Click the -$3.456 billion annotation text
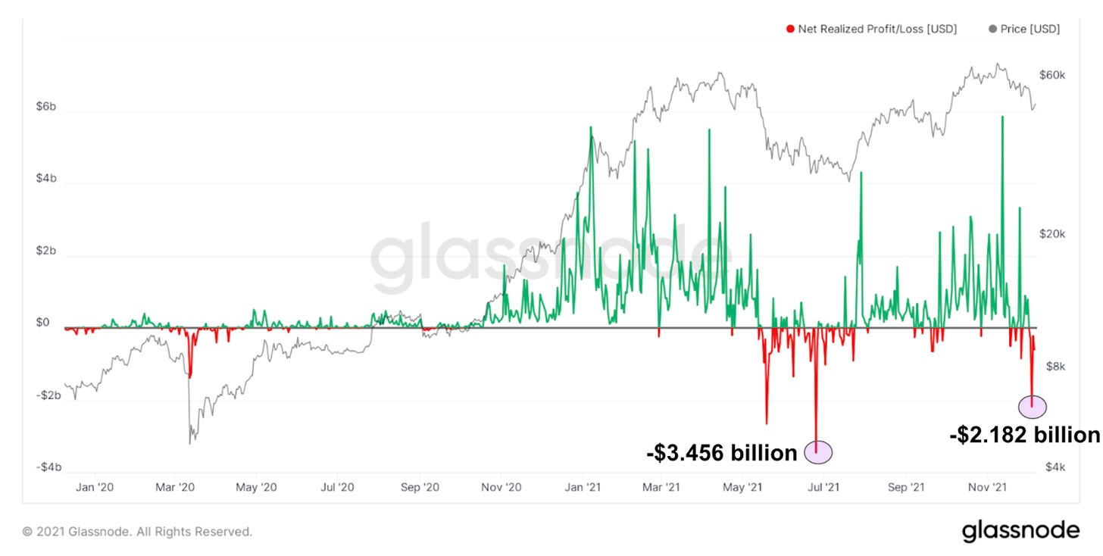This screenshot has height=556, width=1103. pos(721,453)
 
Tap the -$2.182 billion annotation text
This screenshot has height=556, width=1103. pos(1024,435)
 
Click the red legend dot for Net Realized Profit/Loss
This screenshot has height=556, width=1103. pos(790,29)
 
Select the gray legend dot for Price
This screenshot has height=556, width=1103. pos(993,29)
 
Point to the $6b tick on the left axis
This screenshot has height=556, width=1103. pos(45,108)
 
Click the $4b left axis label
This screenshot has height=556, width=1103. pos(45,179)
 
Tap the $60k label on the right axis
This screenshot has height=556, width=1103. pos(1052,75)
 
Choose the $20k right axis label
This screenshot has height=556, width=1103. pos(1052,234)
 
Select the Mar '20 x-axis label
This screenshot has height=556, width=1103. pos(176,487)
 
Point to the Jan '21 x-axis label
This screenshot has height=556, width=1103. pos(584,487)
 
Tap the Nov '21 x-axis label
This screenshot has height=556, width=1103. pos(988,487)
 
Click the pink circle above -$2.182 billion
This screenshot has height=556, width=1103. pos(1032,407)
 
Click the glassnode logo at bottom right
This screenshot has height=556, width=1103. pos(1020,530)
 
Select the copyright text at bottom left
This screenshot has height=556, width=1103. pos(137,532)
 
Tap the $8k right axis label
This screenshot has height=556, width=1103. pos(1055,367)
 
